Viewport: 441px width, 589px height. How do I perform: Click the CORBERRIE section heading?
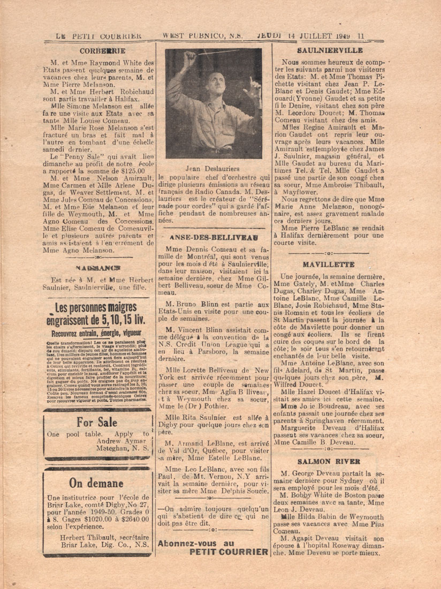point(102,51)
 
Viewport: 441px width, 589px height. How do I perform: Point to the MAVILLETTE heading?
point(328,265)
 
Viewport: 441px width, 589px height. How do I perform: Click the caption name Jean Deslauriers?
point(212,167)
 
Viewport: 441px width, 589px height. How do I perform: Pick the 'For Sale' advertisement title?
point(97,422)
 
